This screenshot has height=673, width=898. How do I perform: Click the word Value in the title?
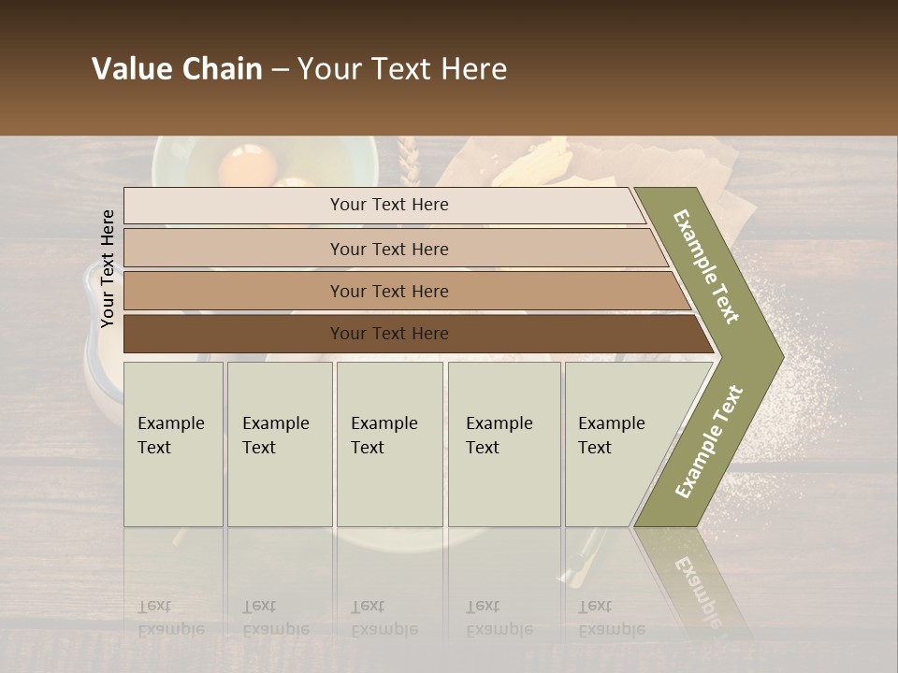(x=132, y=69)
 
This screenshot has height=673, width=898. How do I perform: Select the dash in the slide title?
(x=280, y=70)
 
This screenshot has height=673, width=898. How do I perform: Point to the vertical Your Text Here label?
(x=108, y=268)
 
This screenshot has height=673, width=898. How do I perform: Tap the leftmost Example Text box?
(x=173, y=444)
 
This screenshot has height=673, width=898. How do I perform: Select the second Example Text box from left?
(x=280, y=444)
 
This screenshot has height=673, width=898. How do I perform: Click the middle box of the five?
(x=389, y=444)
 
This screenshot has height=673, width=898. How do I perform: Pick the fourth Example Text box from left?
(x=504, y=444)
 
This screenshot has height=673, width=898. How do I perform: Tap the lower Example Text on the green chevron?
(x=709, y=441)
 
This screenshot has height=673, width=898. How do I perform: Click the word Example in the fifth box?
(x=611, y=423)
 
